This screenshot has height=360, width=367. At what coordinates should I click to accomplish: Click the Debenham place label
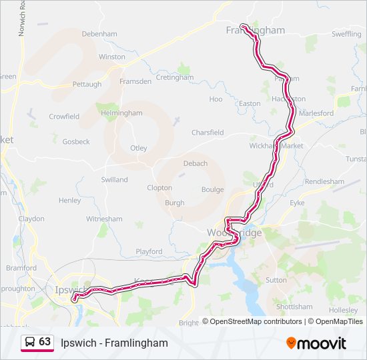99,33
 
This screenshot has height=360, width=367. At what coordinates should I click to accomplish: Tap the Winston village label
111,57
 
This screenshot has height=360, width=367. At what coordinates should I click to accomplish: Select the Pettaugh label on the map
87,85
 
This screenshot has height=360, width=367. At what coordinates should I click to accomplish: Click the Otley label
138,148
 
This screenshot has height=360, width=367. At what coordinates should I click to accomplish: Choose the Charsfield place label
208,133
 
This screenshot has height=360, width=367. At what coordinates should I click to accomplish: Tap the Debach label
195,163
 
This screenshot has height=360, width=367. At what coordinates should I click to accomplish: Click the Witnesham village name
104,219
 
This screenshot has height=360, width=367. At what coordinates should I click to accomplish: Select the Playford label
149,251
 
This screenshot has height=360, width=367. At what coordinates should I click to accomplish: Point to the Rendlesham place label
324,181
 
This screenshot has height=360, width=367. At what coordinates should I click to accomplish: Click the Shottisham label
294,307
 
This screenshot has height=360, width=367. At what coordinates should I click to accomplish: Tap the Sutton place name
276,280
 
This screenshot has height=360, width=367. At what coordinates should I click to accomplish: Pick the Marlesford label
316,113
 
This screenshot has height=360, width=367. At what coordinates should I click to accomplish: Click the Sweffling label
346,34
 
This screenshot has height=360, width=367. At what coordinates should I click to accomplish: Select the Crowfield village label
64,117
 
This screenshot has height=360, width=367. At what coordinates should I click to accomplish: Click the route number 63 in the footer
45,342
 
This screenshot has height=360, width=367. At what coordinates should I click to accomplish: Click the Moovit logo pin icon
291,343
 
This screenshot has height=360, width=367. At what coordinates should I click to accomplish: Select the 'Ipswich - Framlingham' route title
114,343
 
